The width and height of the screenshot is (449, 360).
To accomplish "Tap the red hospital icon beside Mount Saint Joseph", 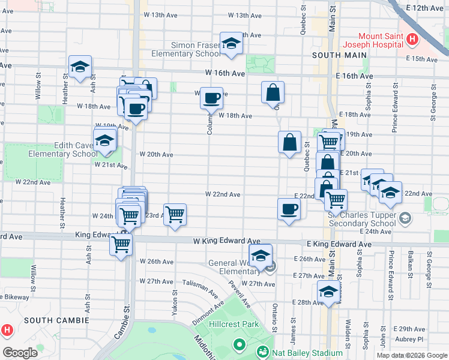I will (x=412, y=40).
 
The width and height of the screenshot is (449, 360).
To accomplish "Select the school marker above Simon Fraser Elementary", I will (x=231, y=43).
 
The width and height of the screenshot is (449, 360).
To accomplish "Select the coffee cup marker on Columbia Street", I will (x=211, y=98).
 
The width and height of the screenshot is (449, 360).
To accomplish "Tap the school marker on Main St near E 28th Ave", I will (x=328, y=292).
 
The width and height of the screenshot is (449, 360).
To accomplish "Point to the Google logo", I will (x=20, y=353).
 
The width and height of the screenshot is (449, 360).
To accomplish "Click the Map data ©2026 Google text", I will (x=411, y=355).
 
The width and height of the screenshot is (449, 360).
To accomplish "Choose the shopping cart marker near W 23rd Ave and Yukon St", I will (x=175, y=214).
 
